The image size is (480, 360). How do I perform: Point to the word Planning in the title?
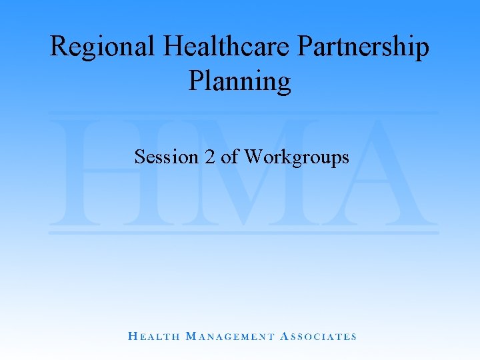(239, 81)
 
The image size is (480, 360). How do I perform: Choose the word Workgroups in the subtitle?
(297, 157)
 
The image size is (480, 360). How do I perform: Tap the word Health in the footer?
(153, 337)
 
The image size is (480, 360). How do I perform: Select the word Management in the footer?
(229, 337)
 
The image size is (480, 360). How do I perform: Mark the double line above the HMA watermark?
(243, 112)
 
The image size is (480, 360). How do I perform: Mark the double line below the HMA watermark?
(243, 232)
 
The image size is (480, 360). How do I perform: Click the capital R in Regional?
(59, 47)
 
